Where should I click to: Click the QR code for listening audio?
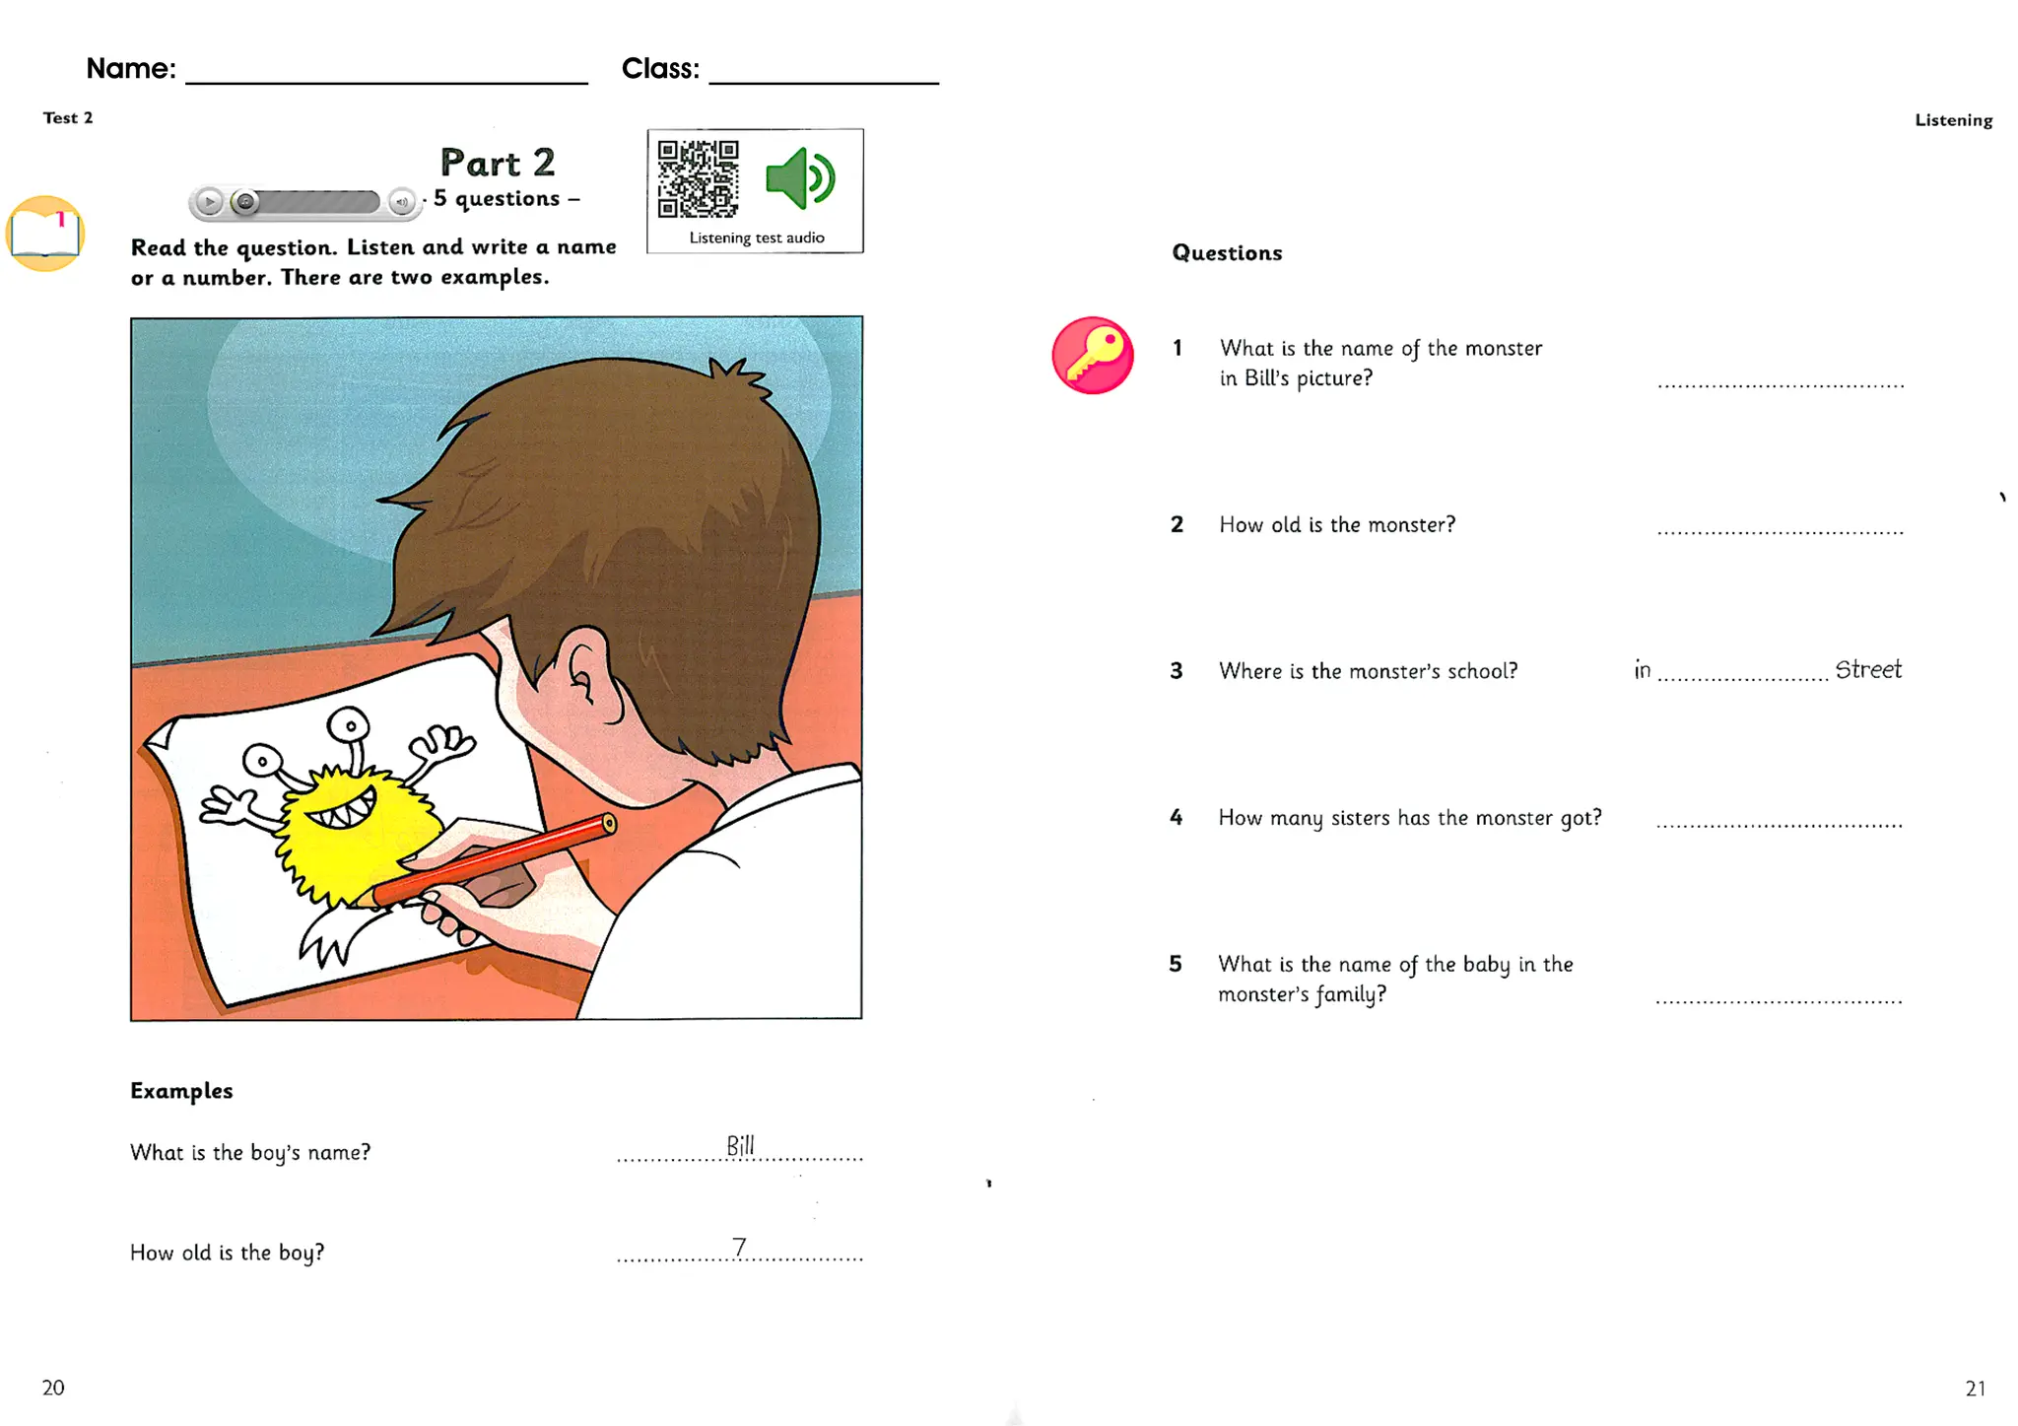[698, 178]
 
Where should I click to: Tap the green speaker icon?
[800, 178]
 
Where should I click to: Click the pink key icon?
[1092, 356]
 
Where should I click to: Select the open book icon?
[45, 234]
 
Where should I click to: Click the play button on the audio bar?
[209, 202]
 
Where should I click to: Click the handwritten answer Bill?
[740, 1145]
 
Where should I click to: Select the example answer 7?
[739, 1248]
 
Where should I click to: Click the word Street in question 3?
[1867, 670]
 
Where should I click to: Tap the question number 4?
[1176, 817]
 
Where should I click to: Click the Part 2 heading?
[498, 163]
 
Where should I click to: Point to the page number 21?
[1975, 1389]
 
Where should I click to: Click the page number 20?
[53, 1388]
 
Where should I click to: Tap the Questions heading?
[1227, 253]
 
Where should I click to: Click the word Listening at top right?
[1953, 120]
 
